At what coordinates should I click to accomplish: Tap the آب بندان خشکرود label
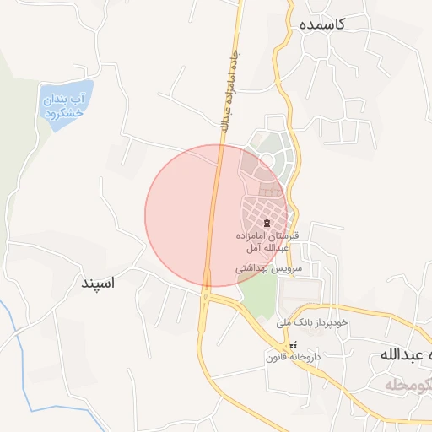[65, 105]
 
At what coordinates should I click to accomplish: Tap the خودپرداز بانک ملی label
[311, 322]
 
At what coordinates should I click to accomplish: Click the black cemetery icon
[267, 224]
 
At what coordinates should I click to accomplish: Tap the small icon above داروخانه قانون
[294, 346]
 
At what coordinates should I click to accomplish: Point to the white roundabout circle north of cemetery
[266, 159]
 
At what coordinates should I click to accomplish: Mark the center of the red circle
[216, 215]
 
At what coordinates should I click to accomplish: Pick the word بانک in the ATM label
[311, 322]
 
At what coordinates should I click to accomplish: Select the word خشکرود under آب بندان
[65, 112]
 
